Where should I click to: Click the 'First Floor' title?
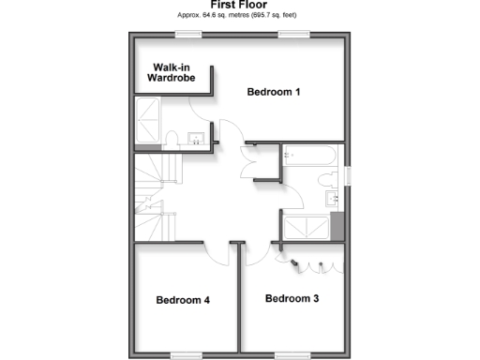point(239,6)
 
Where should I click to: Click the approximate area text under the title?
point(239,17)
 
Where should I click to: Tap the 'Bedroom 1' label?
point(274,92)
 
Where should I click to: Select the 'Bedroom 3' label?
point(292,299)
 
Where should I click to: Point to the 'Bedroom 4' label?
point(182,300)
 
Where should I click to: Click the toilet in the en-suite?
point(173,140)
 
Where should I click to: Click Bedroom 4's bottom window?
point(185,354)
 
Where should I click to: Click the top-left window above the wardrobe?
point(188,35)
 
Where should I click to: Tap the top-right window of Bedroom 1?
point(292,35)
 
